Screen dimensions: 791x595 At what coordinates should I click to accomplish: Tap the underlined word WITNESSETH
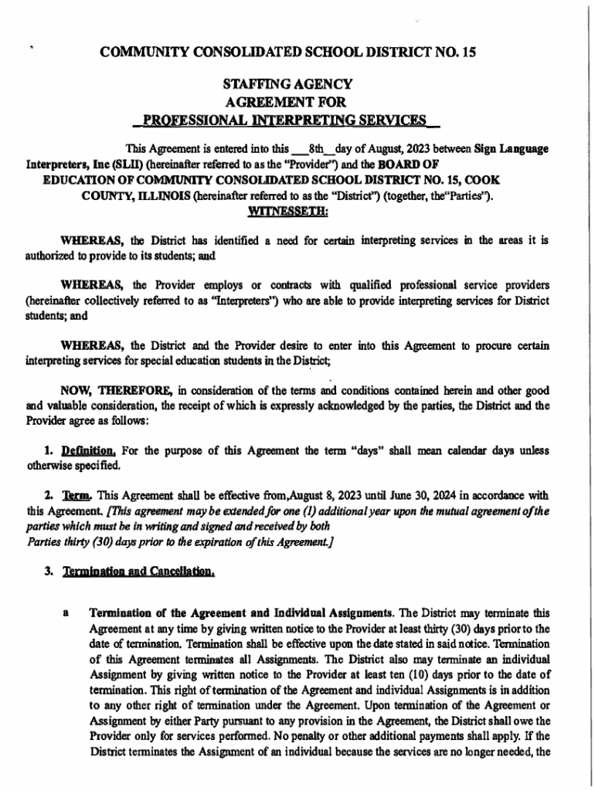(x=287, y=209)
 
